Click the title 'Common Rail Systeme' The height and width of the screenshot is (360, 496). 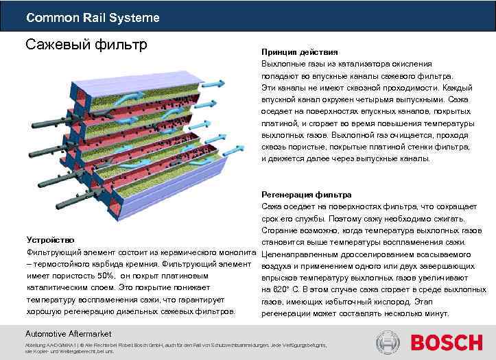pos(93,17)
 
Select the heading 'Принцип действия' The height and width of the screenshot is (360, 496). pos(298,52)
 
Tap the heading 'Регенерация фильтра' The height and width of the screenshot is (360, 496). pos(306,195)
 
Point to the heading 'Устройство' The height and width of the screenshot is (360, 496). pos(50,240)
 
